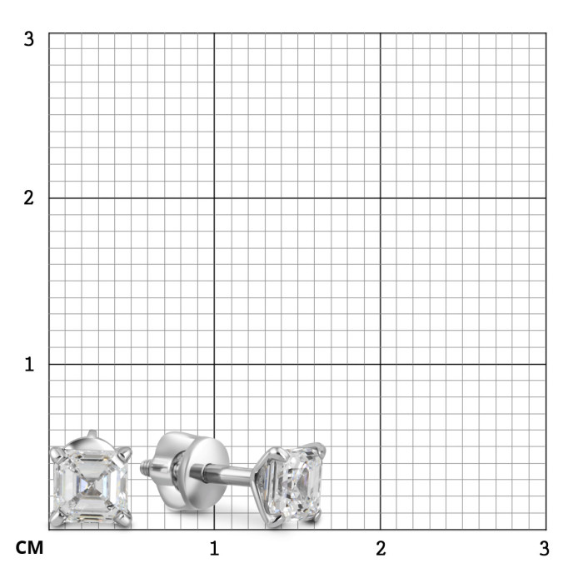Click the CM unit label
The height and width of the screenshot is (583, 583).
pos(29,548)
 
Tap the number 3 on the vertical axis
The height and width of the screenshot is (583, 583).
pos(28,38)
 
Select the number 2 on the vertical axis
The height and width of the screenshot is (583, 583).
pos(28,198)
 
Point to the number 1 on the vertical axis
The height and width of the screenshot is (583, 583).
pos(29,364)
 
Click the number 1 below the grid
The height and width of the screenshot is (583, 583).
pos(214,548)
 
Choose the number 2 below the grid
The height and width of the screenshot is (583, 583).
pos(381,548)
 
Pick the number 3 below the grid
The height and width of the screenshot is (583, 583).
pos(545,548)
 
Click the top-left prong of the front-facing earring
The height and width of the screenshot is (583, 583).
pos(56,453)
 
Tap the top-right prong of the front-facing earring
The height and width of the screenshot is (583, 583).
pos(126,452)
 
